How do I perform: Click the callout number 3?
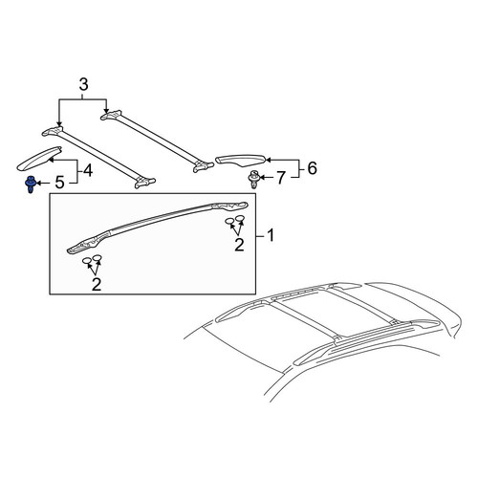tap(83, 85)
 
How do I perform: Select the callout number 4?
tap(87, 170)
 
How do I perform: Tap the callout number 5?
tap(59, 183)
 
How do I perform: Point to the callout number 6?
tap(312, 168)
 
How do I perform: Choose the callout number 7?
tap(280, 178)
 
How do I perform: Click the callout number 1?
tap(271, 236)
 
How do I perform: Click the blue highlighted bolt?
tap(31, 184)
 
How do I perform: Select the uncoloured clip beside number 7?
tap(253, 180)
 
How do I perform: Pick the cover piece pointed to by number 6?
tap(241, 161)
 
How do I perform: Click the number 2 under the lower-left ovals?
tap(97, 284)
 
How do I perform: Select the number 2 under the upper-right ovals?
tap(239, 245)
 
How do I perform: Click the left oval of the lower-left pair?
tap(87, 261)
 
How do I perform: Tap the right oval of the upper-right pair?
tap(241, 218)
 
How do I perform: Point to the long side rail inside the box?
tap(158, 227)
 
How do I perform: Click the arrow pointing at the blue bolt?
tap(43, 183)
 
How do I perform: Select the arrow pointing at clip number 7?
tap(267, 177)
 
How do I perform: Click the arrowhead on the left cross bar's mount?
tap(59, 124)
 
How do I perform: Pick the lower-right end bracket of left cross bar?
tap(145, 183)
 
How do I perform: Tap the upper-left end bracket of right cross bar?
tap(111, 115)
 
